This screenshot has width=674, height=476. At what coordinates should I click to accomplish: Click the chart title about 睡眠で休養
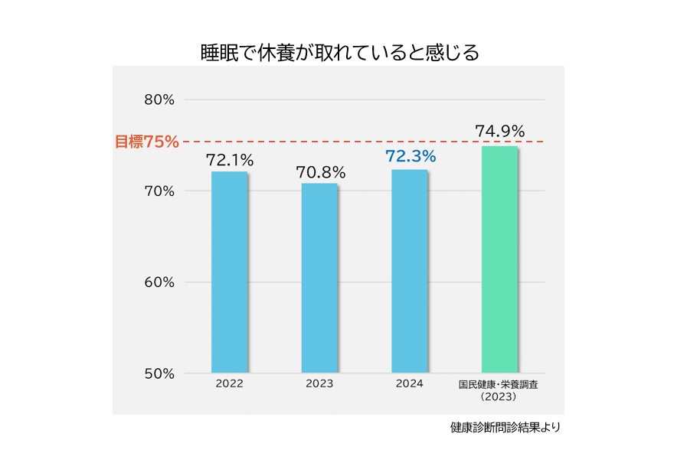pyautogui.click(x=339, y=52)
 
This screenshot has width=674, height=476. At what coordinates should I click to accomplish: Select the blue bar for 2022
pyautogui.click(x=229, y=272)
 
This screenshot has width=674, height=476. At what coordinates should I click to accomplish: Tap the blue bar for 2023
pyautogui.click(x=319, y=277)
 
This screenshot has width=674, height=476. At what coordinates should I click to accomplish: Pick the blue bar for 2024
pyautogui.click(x=409, y=271)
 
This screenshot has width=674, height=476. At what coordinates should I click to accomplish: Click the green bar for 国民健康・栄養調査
pyautogui.click(x=499, y=259)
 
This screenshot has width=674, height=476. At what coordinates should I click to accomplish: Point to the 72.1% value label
pyautogui.click(x=229, y=161)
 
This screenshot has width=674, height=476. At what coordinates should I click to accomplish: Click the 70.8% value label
pyautogui.click(x=320, y=173)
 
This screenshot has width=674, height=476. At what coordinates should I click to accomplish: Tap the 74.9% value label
pyautogui.click(x=499, y=132)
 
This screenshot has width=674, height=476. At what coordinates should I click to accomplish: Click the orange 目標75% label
pyautogui.click(x=147, y=142)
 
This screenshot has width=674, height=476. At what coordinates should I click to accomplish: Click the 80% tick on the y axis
pyautogui.click(x=159, y=99)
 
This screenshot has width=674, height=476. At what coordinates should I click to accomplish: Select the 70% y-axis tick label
pyautogui.click(x=159, y=191)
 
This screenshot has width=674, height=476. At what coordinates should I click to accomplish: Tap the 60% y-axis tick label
pyautogui.click(x=159, y=282)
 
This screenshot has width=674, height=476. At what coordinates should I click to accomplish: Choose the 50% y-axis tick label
pyautogui.click(x=159, y=373)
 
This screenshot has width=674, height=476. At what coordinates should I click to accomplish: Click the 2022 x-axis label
pyautogui.click(x=229, y=384)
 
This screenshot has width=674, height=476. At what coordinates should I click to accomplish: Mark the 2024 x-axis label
pyautogui.click(x=410, y=383)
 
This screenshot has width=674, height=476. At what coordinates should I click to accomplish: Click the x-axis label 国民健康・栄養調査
pyautogui.click(x=498, y=385)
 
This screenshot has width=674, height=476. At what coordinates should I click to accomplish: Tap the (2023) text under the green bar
pyautogui.click(x=498, y=397)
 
